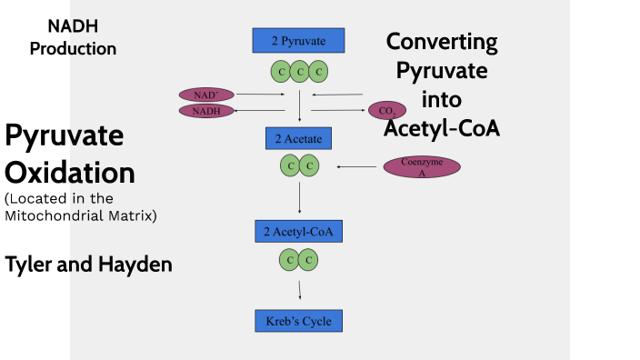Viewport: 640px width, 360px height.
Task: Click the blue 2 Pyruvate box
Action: (298, 40)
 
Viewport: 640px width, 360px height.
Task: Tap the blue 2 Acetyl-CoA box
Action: (298, 232)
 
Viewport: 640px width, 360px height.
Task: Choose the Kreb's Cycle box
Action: (298, 321)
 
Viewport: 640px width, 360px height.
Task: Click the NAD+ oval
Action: (206, 95)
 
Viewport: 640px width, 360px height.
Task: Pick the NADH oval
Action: (206, 111)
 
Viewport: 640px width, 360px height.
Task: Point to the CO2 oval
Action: (386, 111)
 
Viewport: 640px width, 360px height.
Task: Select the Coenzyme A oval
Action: (422, 166)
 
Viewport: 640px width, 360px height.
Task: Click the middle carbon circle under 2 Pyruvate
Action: (299, 71)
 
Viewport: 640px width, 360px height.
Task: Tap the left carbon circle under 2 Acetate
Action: (289, 165)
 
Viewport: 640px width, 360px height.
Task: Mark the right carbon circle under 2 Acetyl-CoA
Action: (309, 261)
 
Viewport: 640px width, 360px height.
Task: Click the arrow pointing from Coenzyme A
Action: (356, 166)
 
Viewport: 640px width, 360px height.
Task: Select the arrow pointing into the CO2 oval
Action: (338, 111)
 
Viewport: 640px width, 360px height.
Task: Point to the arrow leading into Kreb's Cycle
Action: (299, 290)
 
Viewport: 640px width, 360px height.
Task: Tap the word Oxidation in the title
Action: (70, 173)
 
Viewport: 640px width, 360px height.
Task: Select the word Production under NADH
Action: (73, 48)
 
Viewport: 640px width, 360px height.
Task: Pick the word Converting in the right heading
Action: (442, 42)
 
